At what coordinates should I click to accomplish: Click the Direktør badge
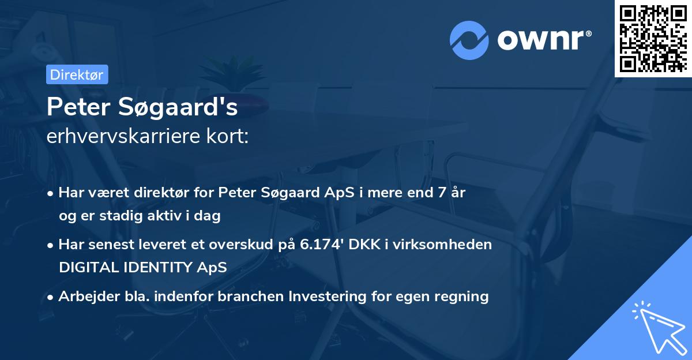click(x=77, y=74)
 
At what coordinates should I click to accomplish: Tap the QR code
click(x=653, y=38)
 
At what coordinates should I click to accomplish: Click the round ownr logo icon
click(x=469, y=40)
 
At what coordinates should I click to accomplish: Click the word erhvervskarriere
click(x=123, y=137)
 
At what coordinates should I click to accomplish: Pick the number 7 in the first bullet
click(x=442, y=193)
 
